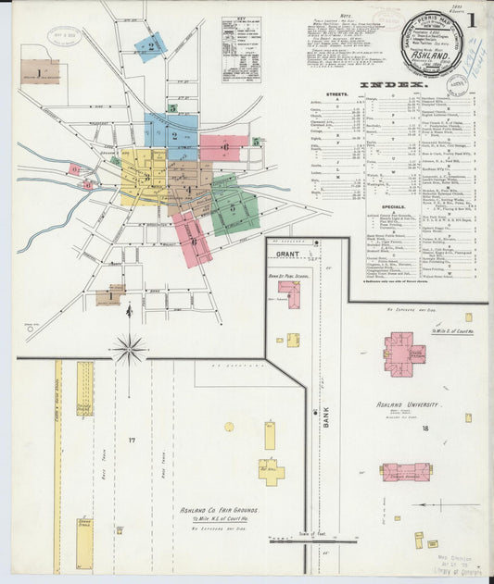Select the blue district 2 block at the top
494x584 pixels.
149,46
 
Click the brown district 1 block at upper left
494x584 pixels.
39,72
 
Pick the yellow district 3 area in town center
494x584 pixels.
144,176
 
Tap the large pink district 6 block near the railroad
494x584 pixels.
224,147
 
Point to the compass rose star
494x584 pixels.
130,350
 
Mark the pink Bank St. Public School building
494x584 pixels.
289,294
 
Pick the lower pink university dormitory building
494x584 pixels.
406,472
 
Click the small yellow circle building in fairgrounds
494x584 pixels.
229,427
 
